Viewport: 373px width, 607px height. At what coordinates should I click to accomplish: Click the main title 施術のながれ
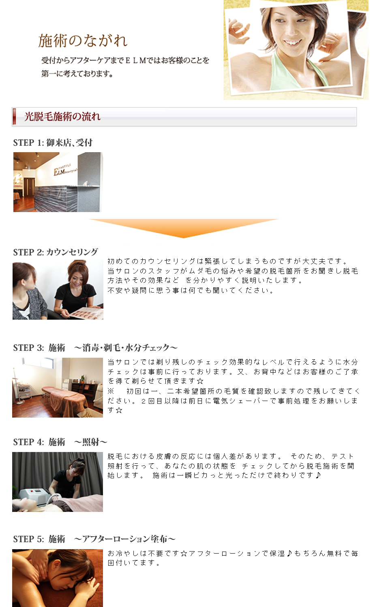83,41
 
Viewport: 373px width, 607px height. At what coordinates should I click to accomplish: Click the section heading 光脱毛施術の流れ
62,117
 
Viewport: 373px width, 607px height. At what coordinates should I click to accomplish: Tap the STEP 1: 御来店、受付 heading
53,142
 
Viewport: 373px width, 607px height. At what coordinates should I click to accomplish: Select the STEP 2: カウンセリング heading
56,252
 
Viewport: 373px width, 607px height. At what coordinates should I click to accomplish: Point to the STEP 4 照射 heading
60,442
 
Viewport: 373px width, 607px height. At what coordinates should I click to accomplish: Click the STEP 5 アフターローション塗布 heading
94,539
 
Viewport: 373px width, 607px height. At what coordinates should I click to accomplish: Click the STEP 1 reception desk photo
58,182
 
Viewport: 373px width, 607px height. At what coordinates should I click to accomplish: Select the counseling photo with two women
58,290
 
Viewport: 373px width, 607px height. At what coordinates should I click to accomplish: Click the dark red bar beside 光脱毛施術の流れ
14,117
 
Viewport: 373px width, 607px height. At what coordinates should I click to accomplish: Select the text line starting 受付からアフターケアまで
125,60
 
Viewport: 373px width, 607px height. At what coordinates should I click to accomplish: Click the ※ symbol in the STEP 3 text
111,391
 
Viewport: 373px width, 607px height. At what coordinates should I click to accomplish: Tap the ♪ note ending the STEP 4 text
318,475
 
